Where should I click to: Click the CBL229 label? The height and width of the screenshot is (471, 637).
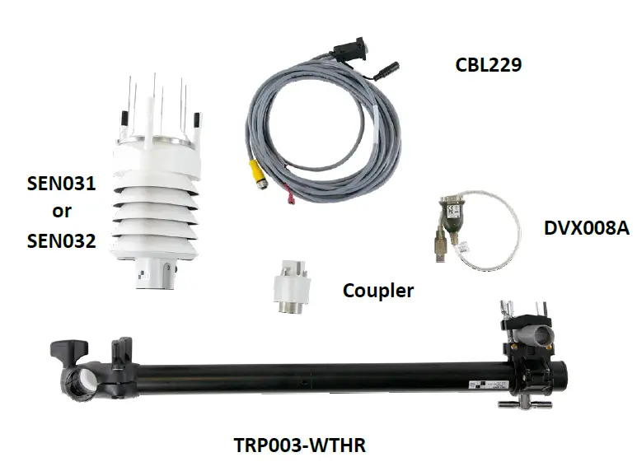[489, 64]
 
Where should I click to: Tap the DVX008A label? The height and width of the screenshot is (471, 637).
[587, 227]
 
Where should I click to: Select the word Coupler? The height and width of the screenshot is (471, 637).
[377, 290]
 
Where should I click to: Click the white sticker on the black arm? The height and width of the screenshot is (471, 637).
[486, 384]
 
